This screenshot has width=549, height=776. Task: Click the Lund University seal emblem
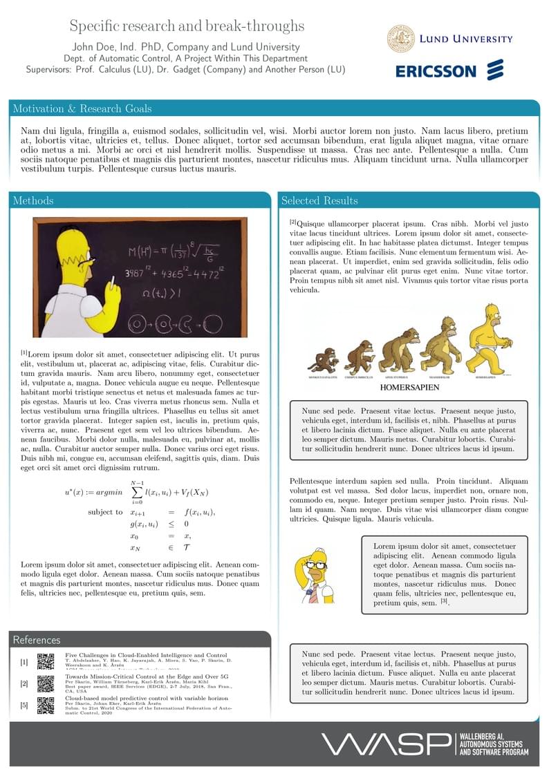401,39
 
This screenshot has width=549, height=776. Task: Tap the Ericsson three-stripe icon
496,70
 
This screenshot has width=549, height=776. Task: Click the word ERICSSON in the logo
436,71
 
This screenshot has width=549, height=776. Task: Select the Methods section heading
32,200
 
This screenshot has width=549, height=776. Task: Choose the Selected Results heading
319,200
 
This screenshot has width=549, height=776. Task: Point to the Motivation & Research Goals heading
82,108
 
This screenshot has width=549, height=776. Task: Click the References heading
36,640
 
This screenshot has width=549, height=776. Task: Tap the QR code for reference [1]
46,661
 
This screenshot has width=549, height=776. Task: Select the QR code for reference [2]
46,683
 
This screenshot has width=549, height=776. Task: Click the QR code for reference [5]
46,705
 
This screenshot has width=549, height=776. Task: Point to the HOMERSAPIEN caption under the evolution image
411,389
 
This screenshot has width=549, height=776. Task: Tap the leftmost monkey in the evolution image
322,360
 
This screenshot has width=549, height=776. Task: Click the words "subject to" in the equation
106,512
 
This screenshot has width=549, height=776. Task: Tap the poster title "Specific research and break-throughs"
187,26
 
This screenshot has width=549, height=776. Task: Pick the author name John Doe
94,47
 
